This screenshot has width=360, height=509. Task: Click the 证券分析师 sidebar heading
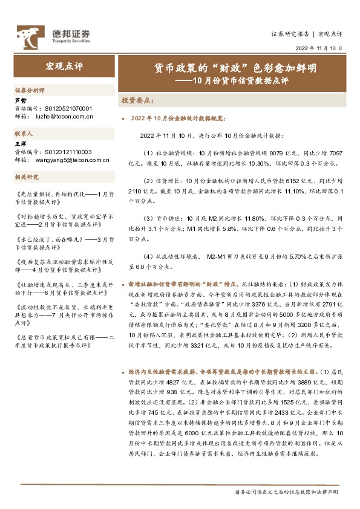pyautogui.click(x=29, y=89)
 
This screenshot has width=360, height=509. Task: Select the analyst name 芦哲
pyautogui.click(x=20, y=100)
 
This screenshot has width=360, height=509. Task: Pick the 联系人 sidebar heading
pyautogui.click(x=24, y=132)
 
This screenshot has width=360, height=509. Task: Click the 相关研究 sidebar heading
pyautogui.click(x=26, y=177)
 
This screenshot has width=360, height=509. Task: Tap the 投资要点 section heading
pyautogui.click(x=138, y=99)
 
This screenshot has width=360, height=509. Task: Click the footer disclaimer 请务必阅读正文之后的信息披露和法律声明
pyautogui.click(x=286, y=493)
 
